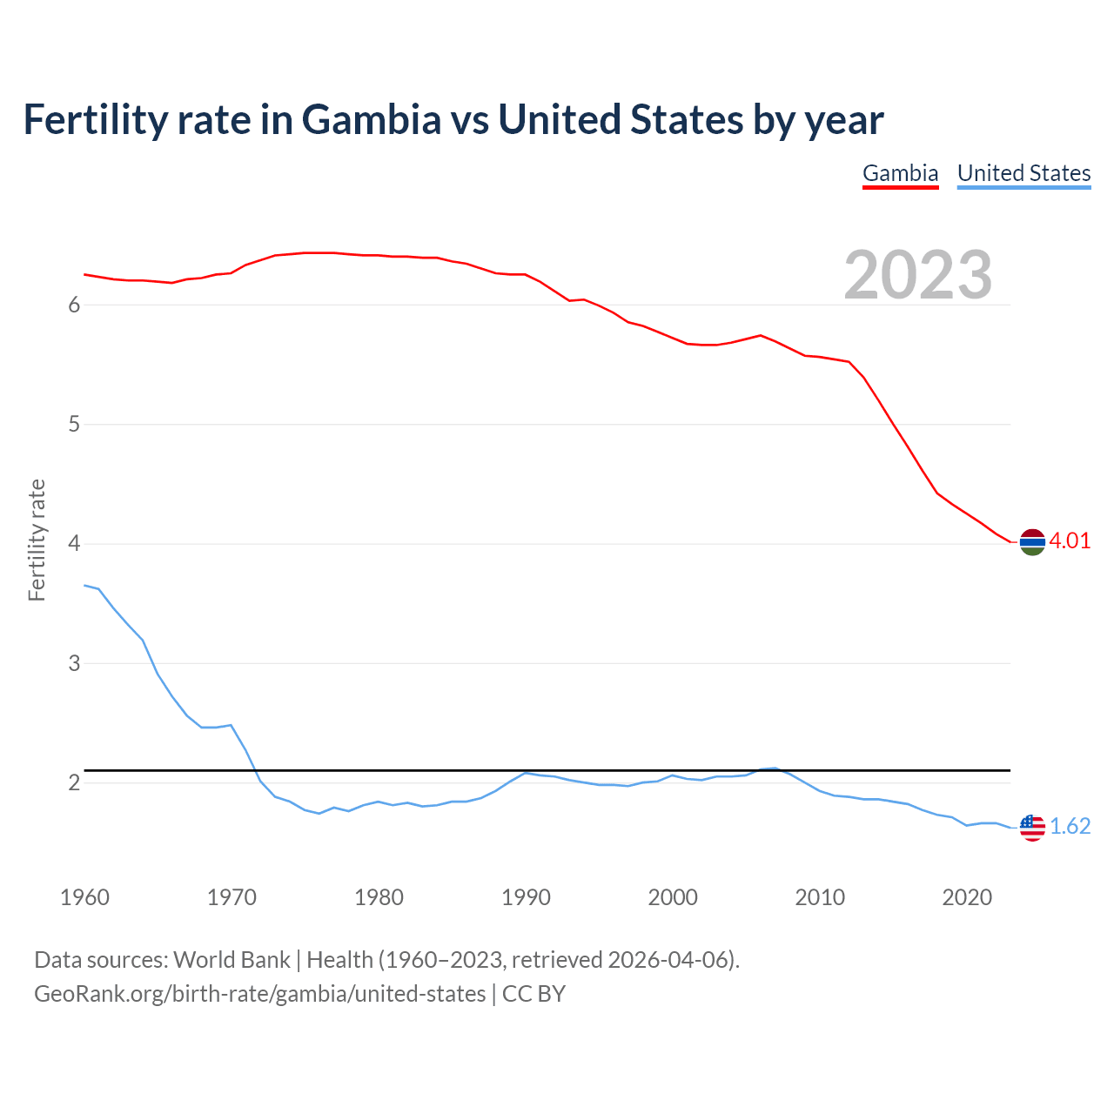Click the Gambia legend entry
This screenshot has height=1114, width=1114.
900,173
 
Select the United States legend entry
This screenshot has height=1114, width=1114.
1023,173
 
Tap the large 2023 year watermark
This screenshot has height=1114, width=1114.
918,275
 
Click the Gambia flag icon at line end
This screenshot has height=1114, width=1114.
1032,541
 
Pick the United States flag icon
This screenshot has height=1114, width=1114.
1032,827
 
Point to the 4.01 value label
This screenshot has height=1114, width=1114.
1070,540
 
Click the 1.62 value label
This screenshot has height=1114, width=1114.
1070,826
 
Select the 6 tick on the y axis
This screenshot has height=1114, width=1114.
74,305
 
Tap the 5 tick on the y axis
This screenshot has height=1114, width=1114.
74,425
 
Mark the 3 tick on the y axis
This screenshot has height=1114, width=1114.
74,663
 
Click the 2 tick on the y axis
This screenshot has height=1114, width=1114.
74,783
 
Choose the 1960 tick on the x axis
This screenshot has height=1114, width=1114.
84,897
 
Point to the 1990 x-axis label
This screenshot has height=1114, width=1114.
526,897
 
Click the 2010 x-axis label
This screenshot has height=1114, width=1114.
820,897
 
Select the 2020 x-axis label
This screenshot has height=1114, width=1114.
967,897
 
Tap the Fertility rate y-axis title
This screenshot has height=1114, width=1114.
37,540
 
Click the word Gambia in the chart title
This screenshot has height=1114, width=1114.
372,119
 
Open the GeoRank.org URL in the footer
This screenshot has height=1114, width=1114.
259,993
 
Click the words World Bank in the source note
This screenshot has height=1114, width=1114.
232,959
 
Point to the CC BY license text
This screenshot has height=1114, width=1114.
534,993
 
